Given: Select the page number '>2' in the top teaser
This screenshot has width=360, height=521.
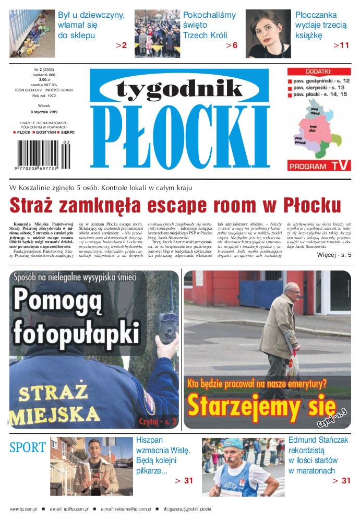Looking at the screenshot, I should click(121, 46).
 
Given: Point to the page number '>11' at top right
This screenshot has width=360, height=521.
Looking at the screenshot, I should click(341, 46).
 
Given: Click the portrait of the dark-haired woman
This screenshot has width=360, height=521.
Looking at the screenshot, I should click(268, 33).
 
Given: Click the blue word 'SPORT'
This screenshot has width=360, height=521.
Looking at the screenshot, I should click(28, 448).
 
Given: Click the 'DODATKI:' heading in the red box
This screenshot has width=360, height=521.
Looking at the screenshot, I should click(317, 72).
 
